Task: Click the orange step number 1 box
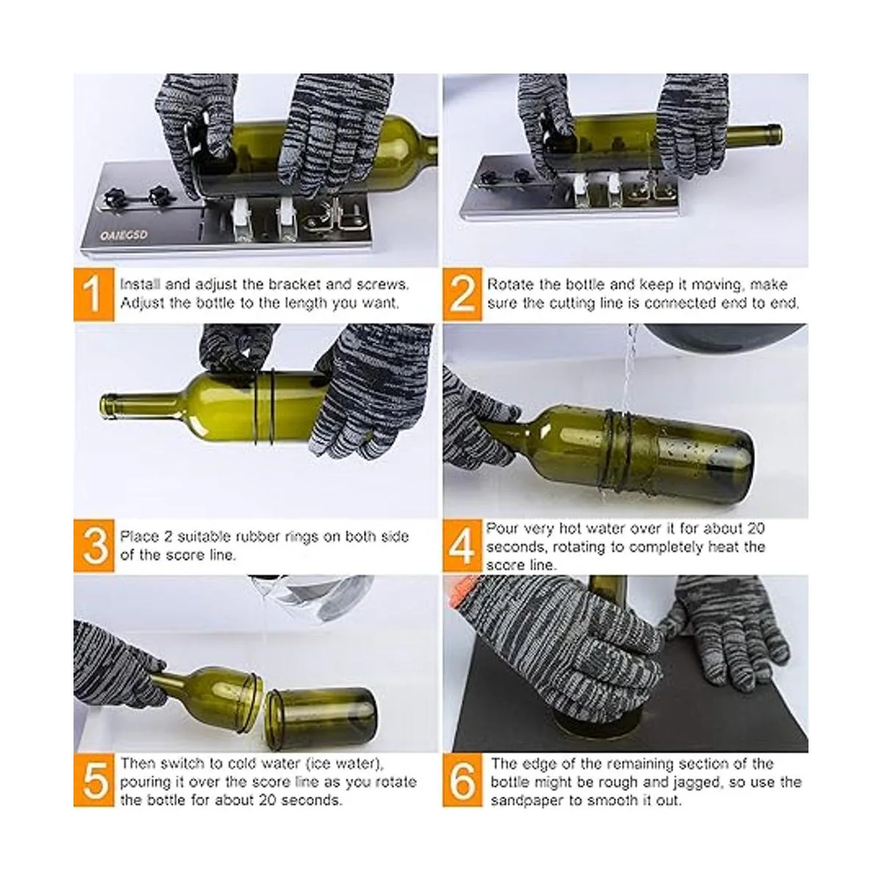pyautogui.click(x=94, y=294)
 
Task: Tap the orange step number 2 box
pyautogui.click(x=462, y=294)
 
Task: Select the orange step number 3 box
pyautogui.click(x=94, y=546)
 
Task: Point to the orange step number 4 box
pyautogui.click(x=462, y=546)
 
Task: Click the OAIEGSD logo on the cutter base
pyautogui.click(x=123, y=235)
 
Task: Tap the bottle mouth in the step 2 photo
pyautogui.click(x=776, y=135)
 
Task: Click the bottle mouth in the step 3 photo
pyautogui.click(x=106, y=406)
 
